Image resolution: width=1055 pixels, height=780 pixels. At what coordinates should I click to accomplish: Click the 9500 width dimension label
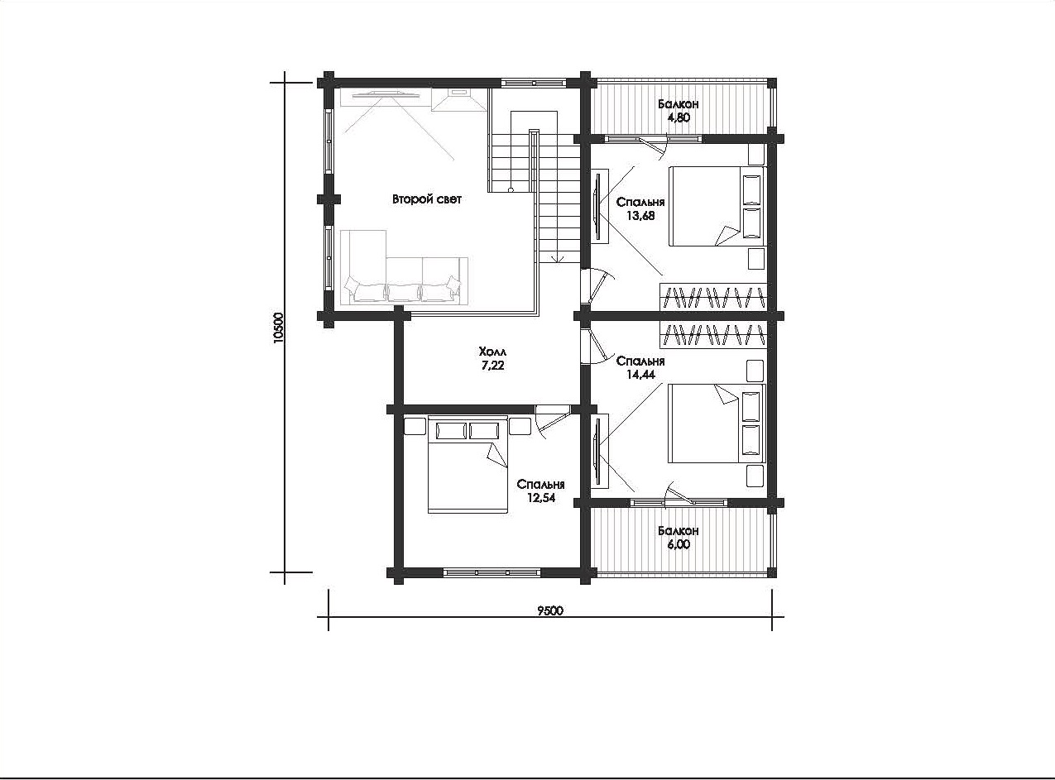pos(550,610)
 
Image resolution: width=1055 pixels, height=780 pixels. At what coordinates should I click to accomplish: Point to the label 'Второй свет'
pos(427,199)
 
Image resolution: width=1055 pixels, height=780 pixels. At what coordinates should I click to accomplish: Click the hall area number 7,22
pos(492,366)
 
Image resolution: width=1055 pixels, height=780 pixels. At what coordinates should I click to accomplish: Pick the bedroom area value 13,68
pos(640,215)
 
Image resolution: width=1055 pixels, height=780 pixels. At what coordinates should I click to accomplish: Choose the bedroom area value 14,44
pos(640,375)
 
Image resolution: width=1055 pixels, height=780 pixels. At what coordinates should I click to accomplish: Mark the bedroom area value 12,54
pos(541,498)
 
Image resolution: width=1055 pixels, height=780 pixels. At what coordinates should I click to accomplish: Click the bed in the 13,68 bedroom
pos(717,206)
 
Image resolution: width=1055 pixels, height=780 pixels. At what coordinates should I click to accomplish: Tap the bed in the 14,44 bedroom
pos(717,423)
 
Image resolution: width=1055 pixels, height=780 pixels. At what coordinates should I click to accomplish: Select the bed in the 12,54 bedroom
pos(468,464)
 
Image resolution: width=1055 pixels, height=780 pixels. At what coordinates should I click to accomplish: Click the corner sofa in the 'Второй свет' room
pos(404,267)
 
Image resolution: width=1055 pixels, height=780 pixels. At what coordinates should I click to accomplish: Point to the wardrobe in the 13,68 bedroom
pos(712,297)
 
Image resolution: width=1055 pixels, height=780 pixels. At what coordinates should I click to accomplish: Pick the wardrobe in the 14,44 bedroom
pos(712,335)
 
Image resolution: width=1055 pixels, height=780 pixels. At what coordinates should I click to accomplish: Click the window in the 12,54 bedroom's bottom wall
pos(492,572)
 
